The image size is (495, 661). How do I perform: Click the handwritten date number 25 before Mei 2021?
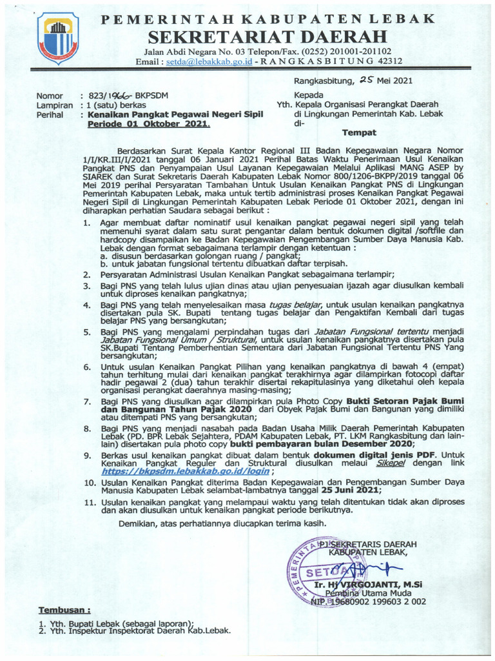coord(366,81)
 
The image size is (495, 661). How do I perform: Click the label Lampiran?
coord(54,105)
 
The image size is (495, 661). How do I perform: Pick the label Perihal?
coord(51,114)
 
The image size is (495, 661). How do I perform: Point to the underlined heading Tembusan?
coord(64,609)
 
